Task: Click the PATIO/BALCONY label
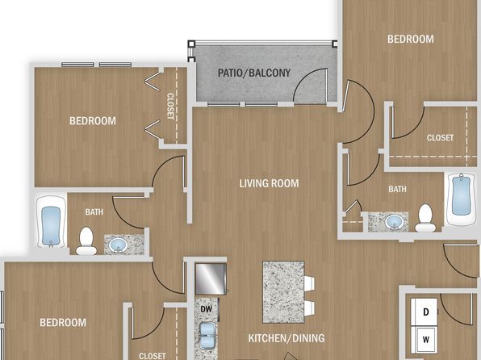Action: point(254,73)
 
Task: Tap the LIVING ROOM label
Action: point(269,183)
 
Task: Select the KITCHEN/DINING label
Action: point(287,338)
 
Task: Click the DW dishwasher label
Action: point(206,309)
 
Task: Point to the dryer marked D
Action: point(425,312)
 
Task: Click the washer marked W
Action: point(425,340)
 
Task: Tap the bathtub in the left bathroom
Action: point(51,222)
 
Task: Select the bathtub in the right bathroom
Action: point(462,199)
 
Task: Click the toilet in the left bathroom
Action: point(86,241)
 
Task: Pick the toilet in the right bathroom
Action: point(425,218)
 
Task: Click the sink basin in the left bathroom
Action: point(119,245)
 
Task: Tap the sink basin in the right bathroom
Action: point(395,222)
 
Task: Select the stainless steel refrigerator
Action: point(211,279)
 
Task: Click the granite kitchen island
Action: point(283,292)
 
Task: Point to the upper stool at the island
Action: point(309,283)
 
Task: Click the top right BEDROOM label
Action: point(411,40)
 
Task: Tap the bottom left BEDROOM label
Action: point(63,323)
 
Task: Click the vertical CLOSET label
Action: point(170,107)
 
